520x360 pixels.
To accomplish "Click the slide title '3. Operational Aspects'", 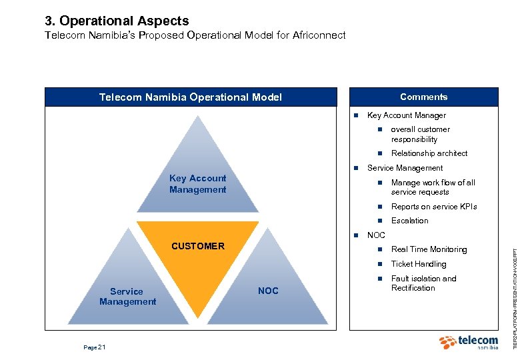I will click(117, 21).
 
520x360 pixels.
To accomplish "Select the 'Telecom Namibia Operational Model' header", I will click(190, 97).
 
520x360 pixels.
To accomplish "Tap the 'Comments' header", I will click(423, 97).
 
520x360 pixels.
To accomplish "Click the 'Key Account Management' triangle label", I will click(197, 184).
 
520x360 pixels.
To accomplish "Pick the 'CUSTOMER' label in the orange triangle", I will click(198, 246).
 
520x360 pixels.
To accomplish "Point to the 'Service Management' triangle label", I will click(127, 297).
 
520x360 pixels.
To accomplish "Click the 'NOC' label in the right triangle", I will click(268, 291).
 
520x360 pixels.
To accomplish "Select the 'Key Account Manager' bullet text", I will click(406, 115).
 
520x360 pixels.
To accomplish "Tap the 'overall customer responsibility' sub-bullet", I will click(420, 134).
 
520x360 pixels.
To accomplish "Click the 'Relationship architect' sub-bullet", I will click(429, 153).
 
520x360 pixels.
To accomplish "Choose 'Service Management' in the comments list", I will click(405, 168).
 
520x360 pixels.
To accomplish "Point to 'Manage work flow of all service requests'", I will click(433, 187).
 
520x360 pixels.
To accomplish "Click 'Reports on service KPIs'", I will click(434, 207).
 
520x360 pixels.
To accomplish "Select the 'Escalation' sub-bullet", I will click(409, 221).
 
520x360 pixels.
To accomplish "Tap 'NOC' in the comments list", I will click(376, 235).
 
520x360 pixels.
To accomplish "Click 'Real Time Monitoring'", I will click(429, 249).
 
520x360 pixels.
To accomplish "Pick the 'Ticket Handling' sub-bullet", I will click(419, 264).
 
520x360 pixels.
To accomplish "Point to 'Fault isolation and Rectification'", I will click(423, 283).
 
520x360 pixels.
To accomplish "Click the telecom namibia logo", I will click(469, 343).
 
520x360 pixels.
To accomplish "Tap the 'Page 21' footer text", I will click(94, 347).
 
